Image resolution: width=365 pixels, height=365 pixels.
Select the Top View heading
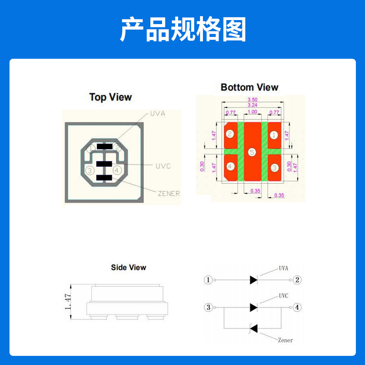click(110, 97)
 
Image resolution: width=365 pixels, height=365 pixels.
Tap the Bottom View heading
click(249, 87)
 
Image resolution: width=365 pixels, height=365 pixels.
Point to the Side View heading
click(128, 268)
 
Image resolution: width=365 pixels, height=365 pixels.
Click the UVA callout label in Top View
click(158, 114)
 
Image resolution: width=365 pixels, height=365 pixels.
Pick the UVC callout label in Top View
click(163, 166)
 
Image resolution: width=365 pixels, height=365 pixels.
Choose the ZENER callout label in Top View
click(169, 193)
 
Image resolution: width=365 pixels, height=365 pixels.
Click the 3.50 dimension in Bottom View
click(252, 100)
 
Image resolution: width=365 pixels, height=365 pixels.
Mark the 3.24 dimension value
click(252, 105)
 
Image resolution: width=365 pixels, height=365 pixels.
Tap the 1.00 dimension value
click(252, 112)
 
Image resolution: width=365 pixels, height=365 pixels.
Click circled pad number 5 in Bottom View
click(252, 152)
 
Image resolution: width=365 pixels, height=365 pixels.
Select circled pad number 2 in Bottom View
click(230, 134)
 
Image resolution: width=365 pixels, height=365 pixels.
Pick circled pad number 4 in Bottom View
click(230, 166)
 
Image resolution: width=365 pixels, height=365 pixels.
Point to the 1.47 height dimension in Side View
click(68, 302)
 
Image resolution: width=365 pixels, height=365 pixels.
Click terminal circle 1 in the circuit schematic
click(208, 280)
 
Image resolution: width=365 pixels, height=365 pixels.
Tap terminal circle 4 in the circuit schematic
click(297, 307)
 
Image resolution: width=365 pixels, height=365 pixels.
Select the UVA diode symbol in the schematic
click(254, 280)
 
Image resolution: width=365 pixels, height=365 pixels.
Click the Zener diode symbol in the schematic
click(254, 328)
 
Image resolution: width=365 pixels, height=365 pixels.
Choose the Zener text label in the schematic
click(285, 340)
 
